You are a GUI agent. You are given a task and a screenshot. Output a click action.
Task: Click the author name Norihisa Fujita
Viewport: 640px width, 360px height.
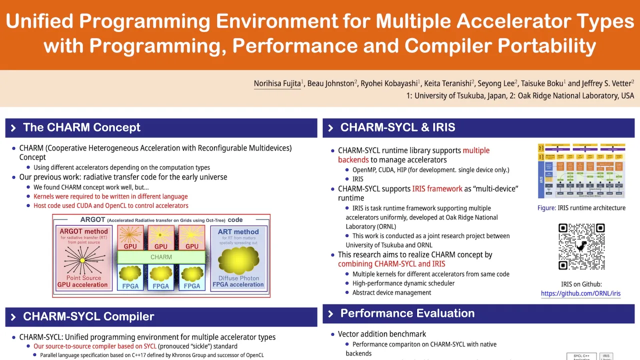tap(277, 83)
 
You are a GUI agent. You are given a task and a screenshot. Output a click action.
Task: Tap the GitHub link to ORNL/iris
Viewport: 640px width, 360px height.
tap(580, 293)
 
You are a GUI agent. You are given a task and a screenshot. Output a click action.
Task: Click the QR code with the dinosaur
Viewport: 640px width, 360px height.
tap(581, 246)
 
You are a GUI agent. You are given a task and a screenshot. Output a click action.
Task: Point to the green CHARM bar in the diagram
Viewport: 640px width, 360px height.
tap(161, 257)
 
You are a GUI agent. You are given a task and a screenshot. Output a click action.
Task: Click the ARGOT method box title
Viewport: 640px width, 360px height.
tap(83, 231)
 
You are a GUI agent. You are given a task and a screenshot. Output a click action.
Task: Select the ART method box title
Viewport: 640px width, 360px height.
tap(238, 231)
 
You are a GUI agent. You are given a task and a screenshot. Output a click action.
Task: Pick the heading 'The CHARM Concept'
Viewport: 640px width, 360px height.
tap(81, 127)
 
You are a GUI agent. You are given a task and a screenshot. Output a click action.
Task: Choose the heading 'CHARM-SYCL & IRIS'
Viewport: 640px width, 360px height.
tap(397, 127)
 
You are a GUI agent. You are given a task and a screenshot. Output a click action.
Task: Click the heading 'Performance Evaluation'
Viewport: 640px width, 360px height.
tap(407, 313)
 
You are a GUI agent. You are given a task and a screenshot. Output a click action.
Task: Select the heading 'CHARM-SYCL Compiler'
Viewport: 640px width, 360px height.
tap(88, 316)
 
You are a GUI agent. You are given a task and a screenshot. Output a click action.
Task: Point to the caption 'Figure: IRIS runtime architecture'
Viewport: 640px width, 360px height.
tap(581, 207)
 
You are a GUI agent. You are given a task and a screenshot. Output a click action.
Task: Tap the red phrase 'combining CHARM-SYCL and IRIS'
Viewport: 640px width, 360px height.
tap(391, 264)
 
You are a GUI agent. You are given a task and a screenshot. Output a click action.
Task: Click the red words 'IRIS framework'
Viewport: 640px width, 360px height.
tap(437, 188)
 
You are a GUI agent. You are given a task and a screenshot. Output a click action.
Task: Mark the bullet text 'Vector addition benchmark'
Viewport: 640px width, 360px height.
tap(382, 334)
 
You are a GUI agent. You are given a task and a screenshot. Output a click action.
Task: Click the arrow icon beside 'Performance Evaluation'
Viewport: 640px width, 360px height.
tap(330, 314)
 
